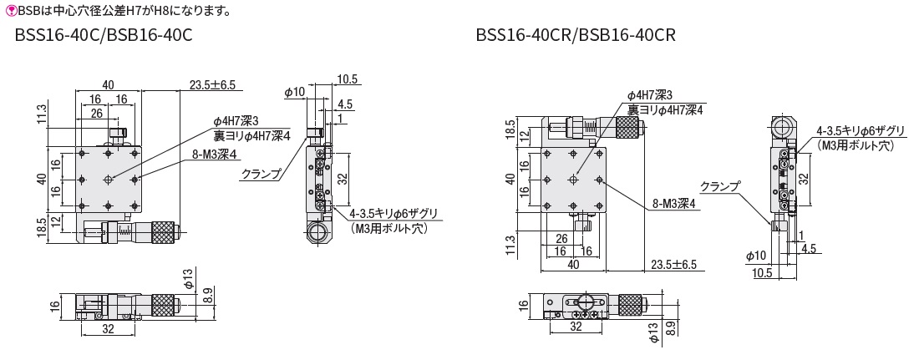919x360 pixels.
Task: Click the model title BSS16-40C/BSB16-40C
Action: point(104,37)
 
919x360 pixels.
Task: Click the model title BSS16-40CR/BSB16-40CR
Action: point(575,37)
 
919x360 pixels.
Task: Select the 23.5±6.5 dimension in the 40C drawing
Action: point(213,84)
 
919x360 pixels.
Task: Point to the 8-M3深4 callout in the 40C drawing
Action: point(216,154)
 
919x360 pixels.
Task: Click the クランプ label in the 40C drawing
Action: point(260,175)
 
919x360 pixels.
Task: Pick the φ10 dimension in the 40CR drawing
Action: point(755,255)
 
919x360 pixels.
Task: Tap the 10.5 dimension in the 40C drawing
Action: point(348,79)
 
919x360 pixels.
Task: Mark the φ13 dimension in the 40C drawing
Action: point(189,278)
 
